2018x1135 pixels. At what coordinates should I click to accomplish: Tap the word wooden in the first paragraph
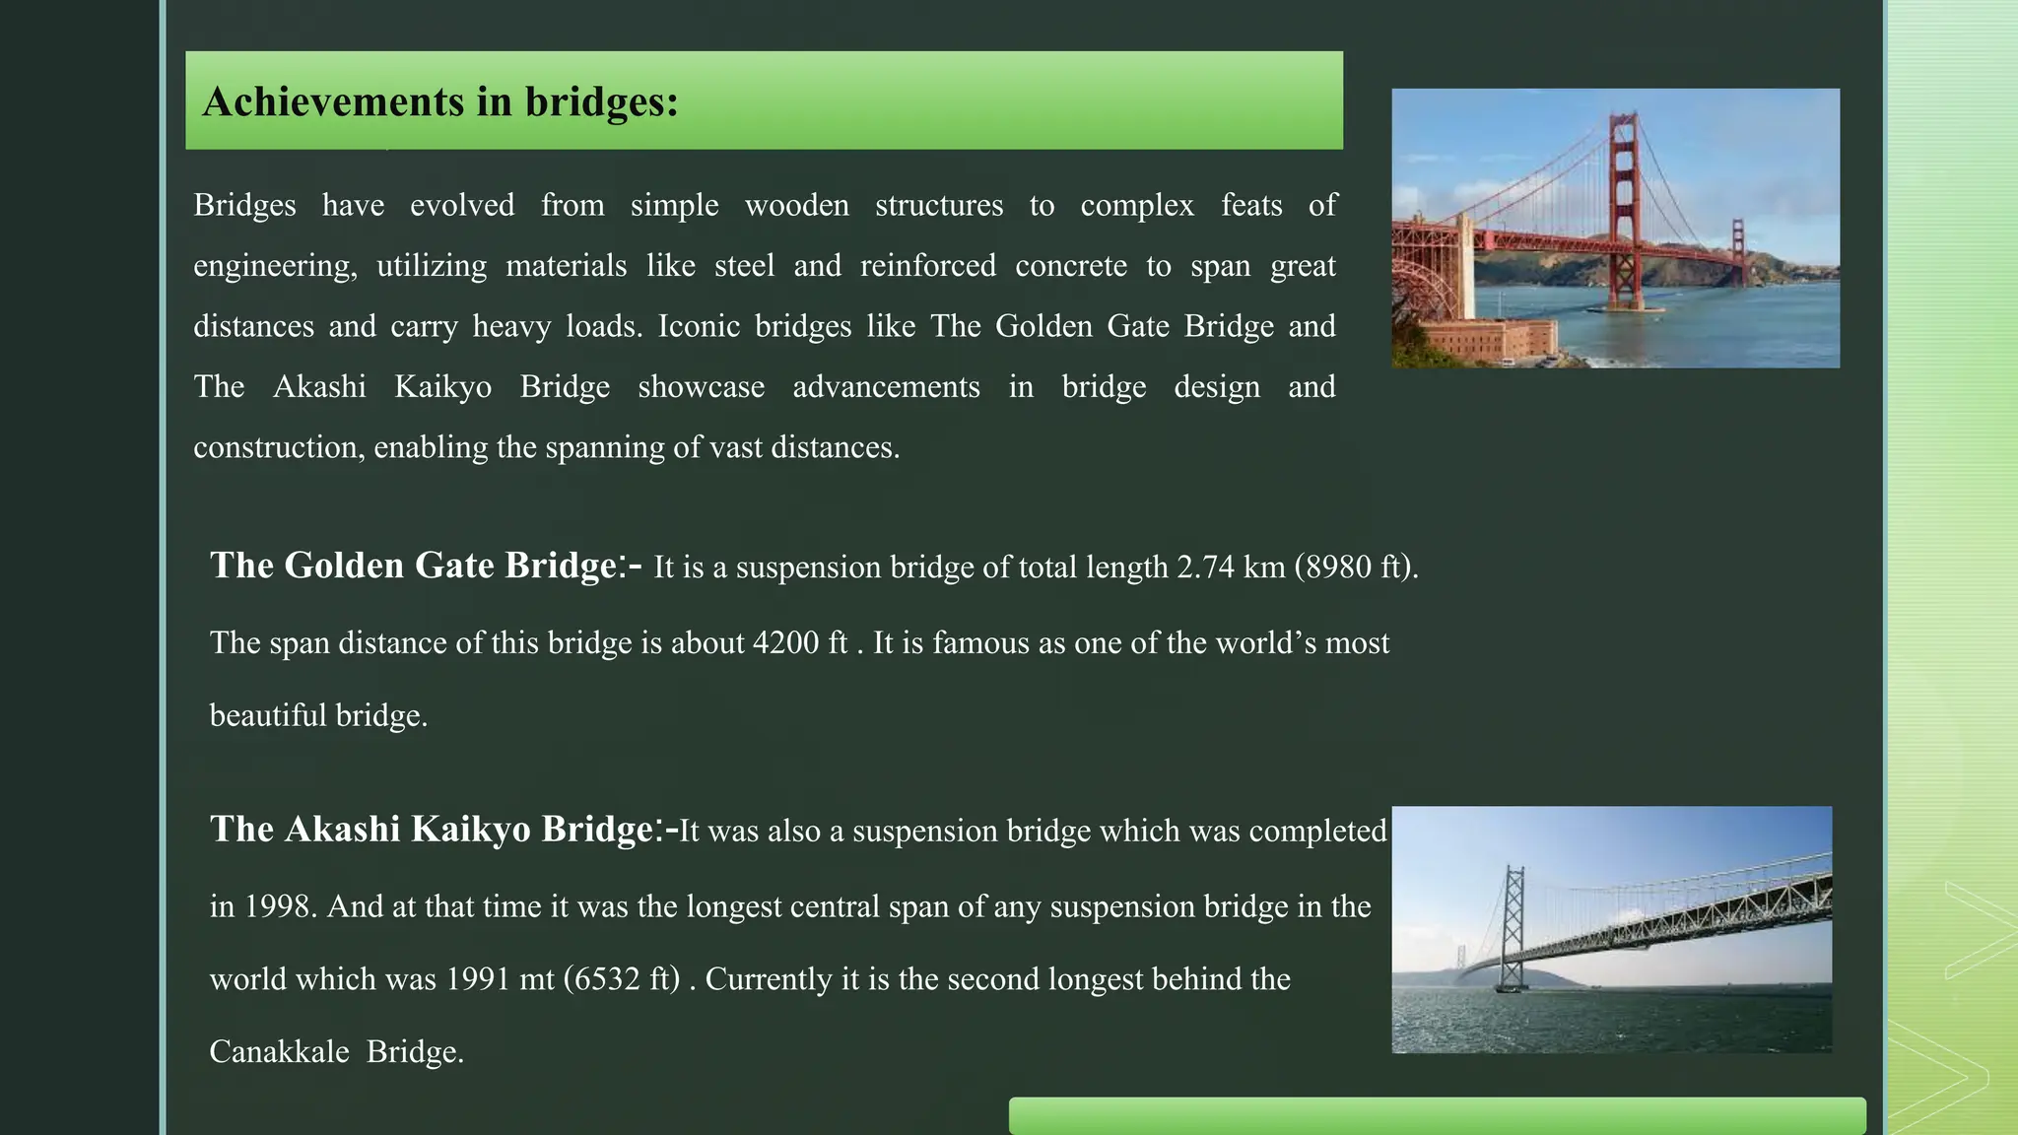point(796,205)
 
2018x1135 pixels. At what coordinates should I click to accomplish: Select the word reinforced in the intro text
point(927,266)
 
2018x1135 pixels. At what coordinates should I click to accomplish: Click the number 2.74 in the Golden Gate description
point(1205,567)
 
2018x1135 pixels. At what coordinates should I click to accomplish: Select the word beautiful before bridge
point(268,715)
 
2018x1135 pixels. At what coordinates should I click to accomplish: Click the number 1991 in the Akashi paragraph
point(478,979)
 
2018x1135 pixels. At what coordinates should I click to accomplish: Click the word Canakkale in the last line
point(279,1052)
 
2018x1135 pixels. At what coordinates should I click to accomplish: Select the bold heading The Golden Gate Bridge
point(414,566)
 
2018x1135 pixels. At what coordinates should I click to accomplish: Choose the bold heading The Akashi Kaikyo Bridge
point(432,830)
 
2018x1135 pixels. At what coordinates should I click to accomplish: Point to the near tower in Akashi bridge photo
point(1512,926)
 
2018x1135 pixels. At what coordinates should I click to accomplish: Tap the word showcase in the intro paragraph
point(701,387)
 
